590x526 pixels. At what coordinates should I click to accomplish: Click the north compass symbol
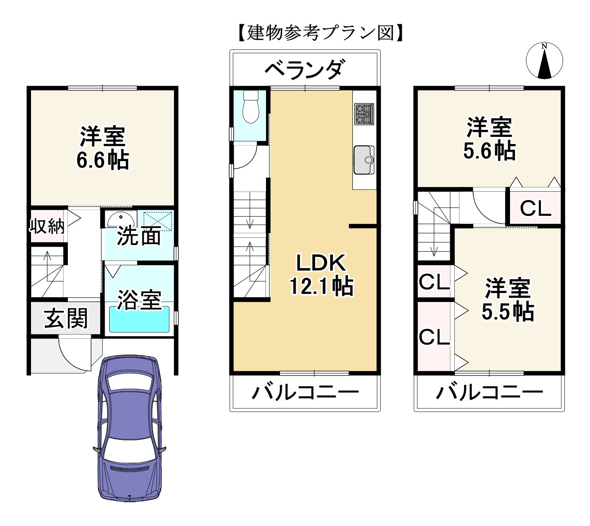[544, 61]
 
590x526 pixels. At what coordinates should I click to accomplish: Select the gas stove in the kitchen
[364, 114]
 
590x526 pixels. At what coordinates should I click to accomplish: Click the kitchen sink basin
[364, 160]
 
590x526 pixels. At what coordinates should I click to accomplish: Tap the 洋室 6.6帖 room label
[102, 148]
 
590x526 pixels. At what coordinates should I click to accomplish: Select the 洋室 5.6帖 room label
[489, 139]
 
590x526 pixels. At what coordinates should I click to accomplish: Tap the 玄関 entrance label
[66, 319]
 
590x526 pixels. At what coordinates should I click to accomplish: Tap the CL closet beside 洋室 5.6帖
[535, 208]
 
